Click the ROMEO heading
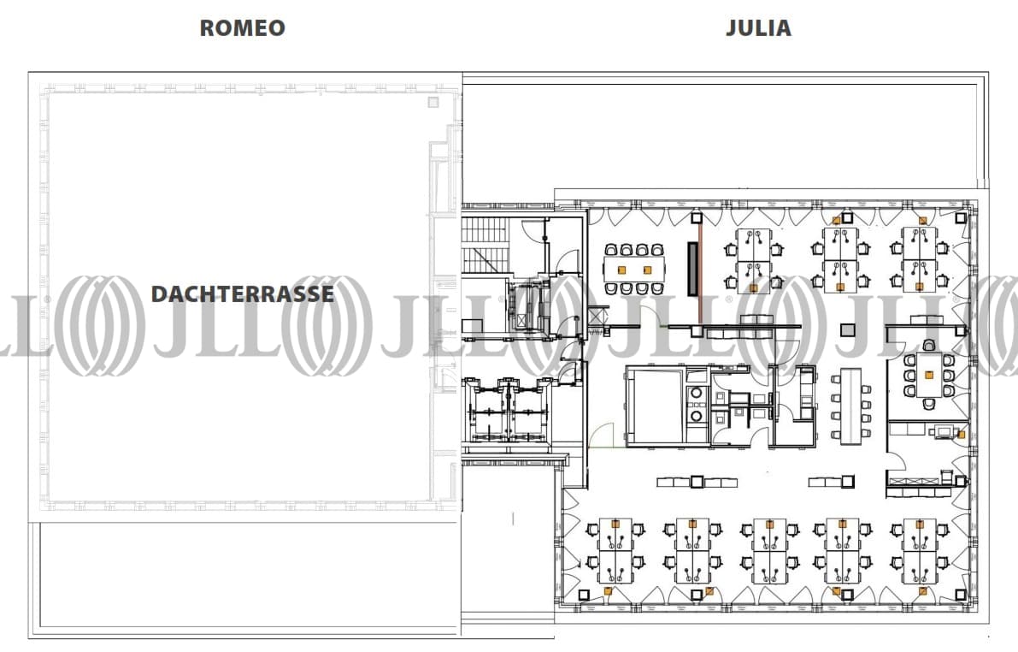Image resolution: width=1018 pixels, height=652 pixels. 242,27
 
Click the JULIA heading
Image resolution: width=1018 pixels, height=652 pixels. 758,27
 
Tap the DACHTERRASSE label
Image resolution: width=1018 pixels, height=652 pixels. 242,294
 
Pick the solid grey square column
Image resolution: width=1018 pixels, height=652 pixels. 848,330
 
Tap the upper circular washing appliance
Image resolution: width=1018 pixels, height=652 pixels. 697,394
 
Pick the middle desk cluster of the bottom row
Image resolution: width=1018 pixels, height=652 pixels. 768,551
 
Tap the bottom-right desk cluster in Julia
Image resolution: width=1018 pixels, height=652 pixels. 918,551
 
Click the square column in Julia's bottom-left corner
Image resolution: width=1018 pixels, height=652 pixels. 584,594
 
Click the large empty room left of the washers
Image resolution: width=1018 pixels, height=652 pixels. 655,406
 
